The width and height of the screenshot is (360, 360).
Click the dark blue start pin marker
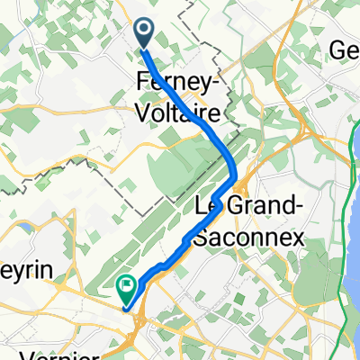144,34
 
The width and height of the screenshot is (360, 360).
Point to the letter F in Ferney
142,80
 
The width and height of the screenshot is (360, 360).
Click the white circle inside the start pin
144,31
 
